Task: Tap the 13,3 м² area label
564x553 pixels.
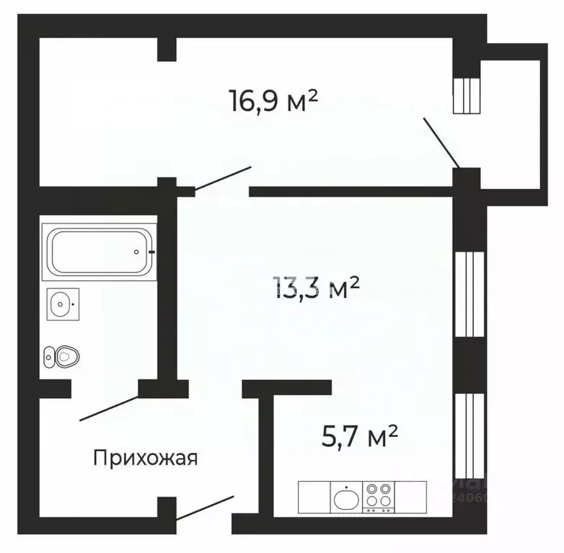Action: click(316, 289)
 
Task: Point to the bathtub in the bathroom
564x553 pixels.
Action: click(99, 252)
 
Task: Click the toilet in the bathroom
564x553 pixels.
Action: click(61, 355)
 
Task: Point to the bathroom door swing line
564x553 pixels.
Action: click(108, 407)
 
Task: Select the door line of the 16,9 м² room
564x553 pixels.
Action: click(223, 179)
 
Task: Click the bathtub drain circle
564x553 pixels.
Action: click(136, 252)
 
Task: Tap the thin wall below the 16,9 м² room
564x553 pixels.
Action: click(351, 192)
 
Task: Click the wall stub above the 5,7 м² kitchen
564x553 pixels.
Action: click(286, 389)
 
